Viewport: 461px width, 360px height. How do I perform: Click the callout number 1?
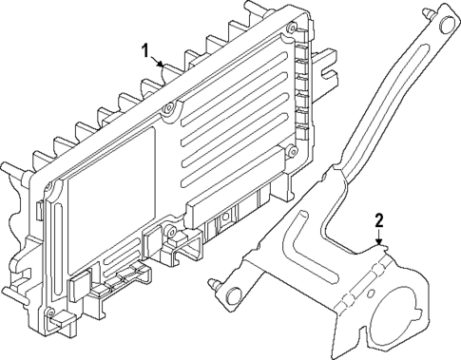(145, 51)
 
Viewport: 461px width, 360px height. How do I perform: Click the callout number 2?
(379, 220)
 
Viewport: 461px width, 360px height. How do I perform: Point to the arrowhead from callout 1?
(160, 65)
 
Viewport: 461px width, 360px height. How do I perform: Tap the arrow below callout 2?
(379, 237)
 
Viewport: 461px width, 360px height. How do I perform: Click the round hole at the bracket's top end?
(447, 25)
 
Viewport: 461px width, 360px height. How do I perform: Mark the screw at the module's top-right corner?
(291, 28)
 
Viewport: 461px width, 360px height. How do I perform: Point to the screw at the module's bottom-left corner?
(50, 313)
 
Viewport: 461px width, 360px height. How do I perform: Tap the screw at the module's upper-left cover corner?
(48, 186)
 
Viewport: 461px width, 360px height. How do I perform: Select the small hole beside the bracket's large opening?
(371, 294)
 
